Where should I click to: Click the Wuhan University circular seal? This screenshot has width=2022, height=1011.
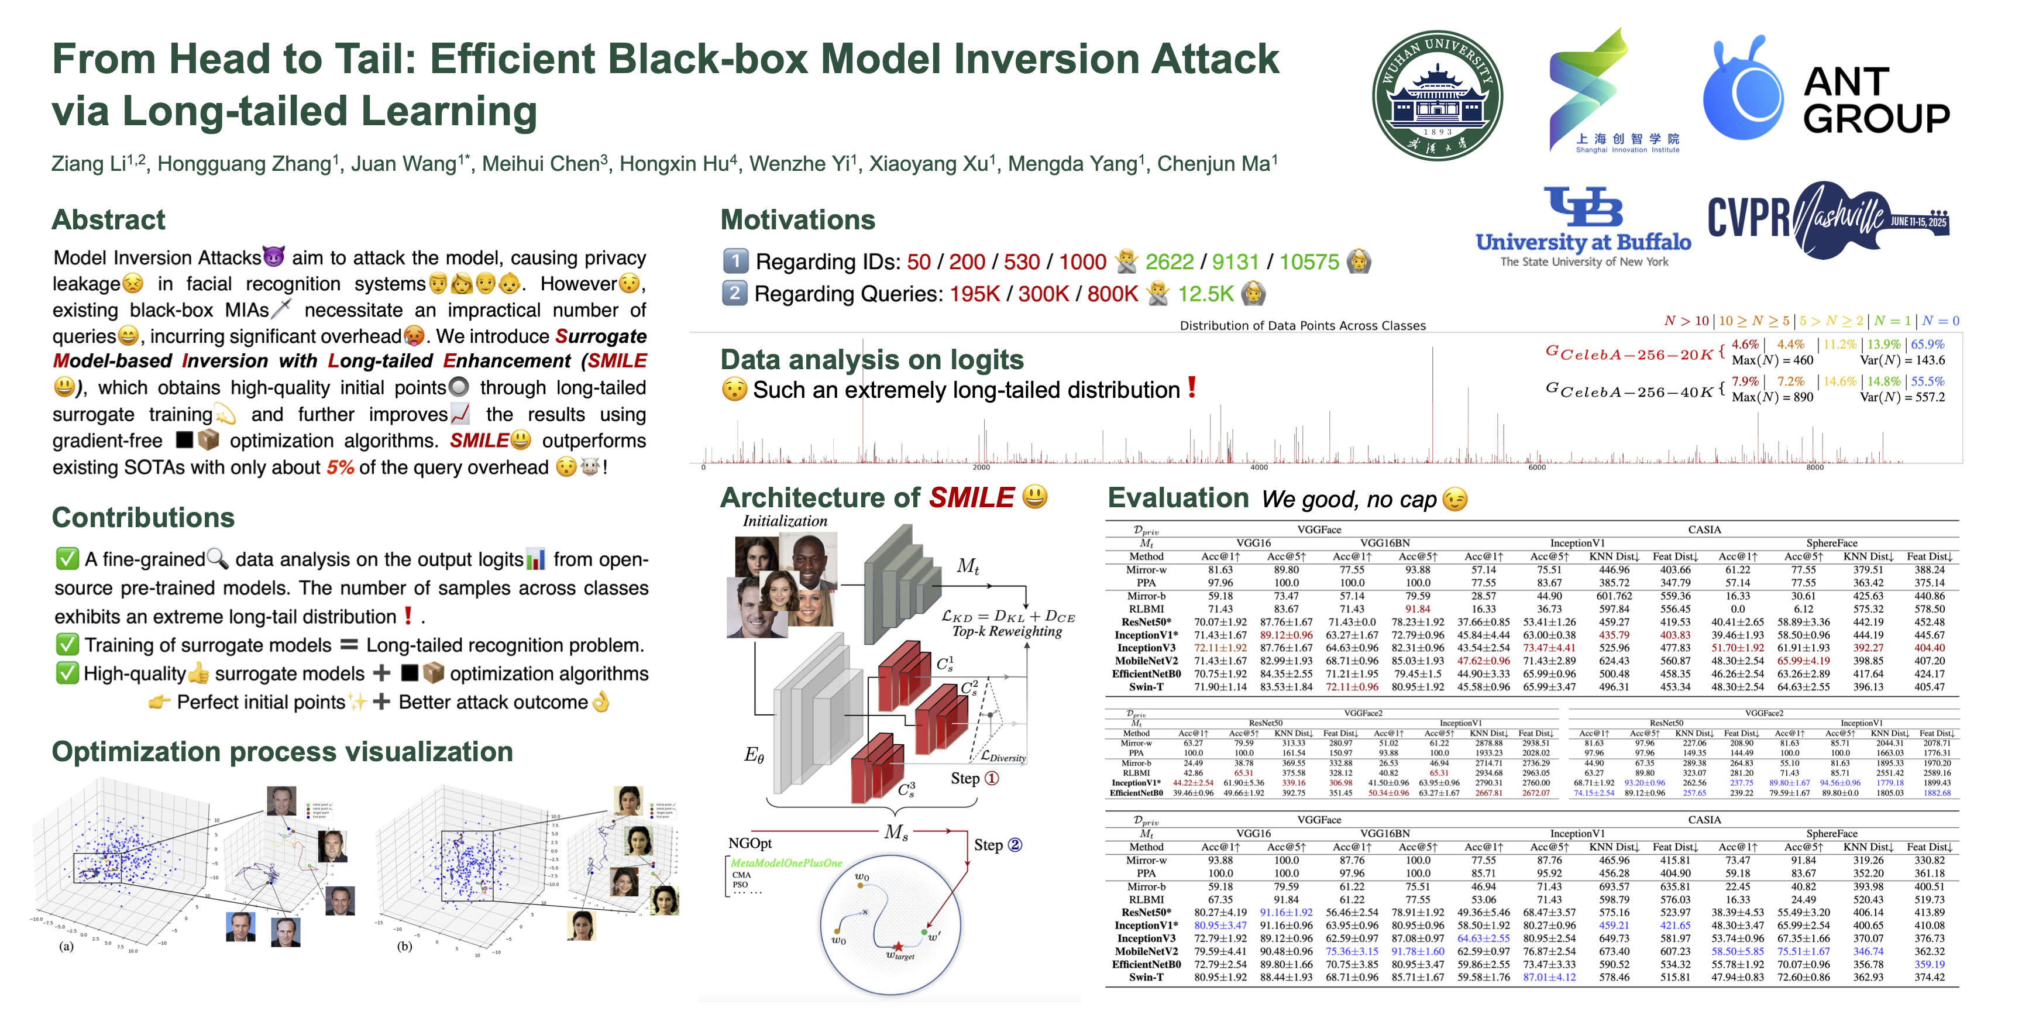coord(1437,97)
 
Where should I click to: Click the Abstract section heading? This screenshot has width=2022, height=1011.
coord(108,220)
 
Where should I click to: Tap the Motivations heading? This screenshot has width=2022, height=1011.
coord(797,220)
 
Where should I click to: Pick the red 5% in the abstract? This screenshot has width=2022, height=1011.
coord(340,468)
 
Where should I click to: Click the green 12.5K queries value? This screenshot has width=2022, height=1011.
coord(1206,294)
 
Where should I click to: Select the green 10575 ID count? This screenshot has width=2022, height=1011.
coord(1309,262)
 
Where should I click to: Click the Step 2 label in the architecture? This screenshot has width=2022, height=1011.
coord(998,845)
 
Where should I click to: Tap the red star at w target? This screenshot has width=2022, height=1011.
coord(898,947)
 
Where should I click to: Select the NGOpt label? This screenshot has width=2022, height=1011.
coord(749,843)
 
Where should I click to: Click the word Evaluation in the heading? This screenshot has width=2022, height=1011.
coord(1177,498)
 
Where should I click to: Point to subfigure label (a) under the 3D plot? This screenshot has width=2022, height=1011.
coord(67,947)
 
